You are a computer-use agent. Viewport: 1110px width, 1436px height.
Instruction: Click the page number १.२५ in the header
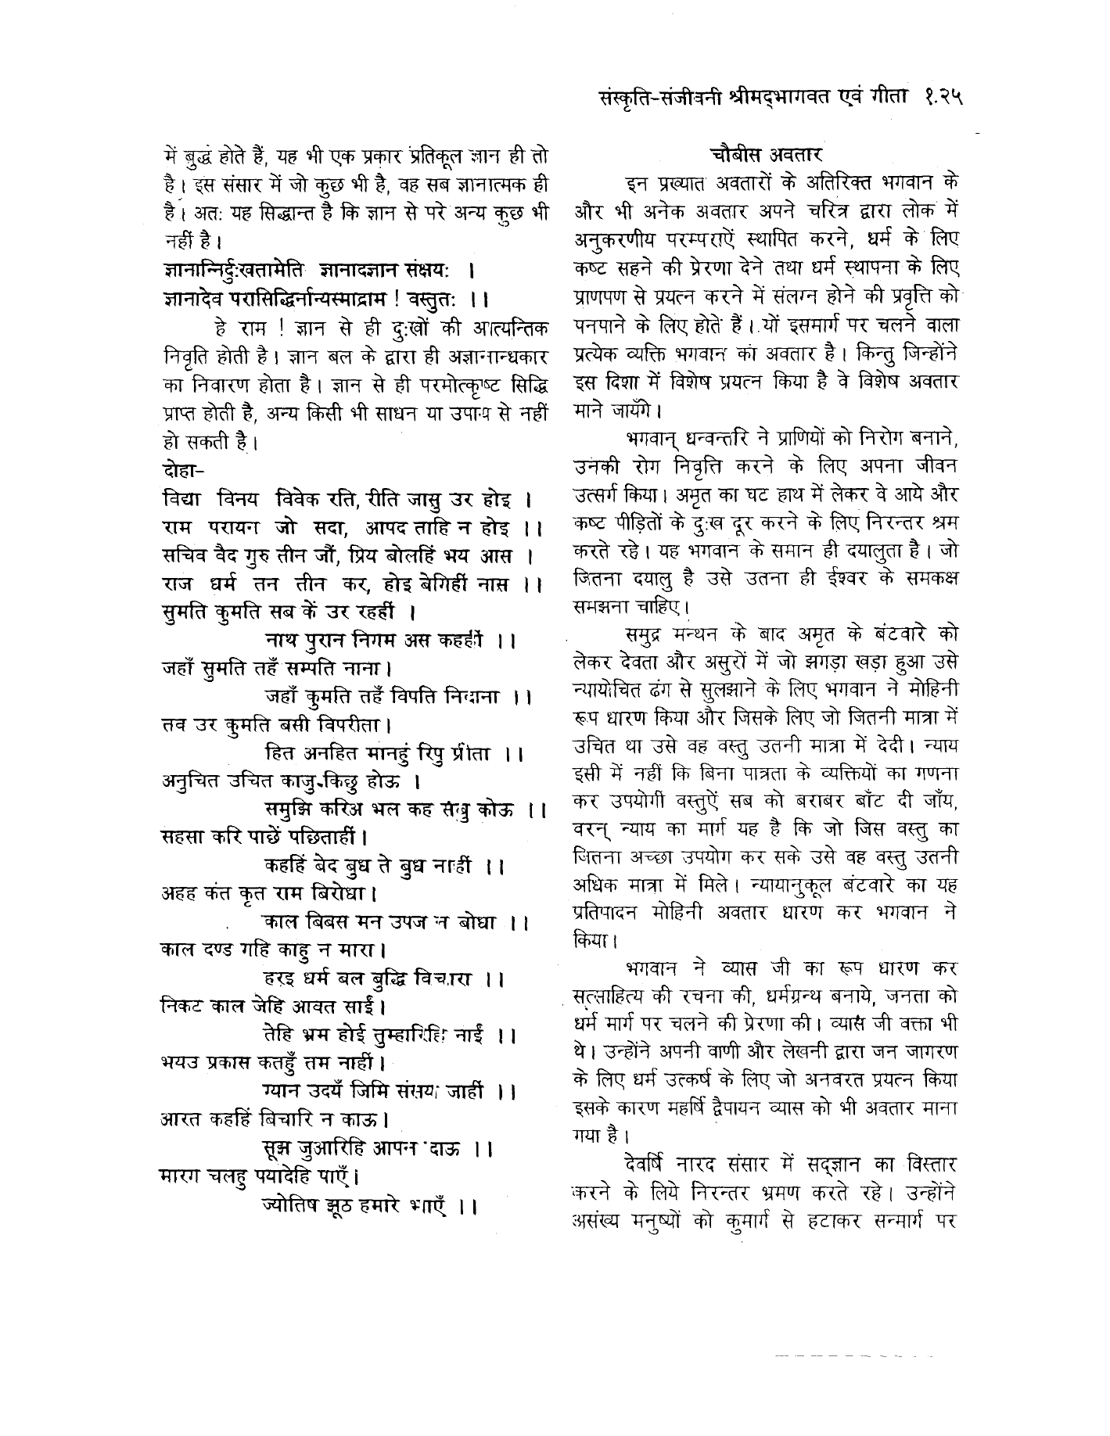[x=939, y=99]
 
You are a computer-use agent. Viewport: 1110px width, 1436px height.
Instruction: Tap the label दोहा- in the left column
[x=181, y=472]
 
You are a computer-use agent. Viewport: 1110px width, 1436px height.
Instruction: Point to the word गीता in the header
[x=891, y=99]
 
